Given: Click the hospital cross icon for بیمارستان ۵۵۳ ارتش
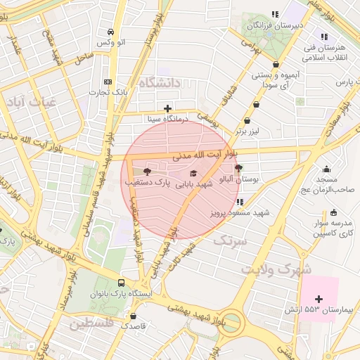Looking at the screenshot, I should (x=319, y=299).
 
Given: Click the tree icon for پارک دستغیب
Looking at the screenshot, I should (x=146, y=172).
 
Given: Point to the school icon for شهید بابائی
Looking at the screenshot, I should (x=193, y=173).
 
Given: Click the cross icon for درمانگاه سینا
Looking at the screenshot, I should (x=167, y=108).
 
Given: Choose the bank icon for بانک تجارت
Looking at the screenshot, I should (x=107, y=81).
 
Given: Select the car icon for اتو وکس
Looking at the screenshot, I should (x=110, y=32).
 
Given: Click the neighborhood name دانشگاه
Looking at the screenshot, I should (x=160, y=83).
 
